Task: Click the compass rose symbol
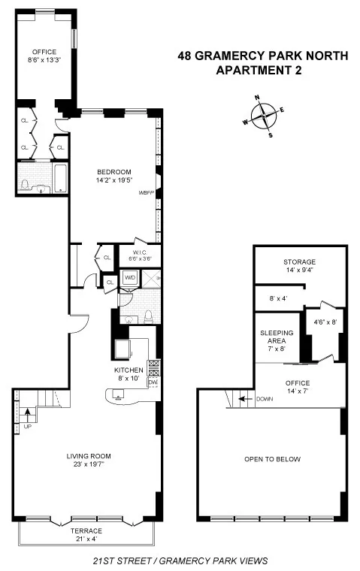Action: pyautogui.click(x=263, y=116)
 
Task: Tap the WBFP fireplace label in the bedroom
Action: pyautogui.click(x=146, y=193)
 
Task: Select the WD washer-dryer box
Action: pyautogui.click(x=130, y=277)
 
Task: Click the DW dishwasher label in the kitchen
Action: pyautogui.click(x=153, y=382)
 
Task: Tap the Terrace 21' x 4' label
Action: pyautogui.click(x=86, y=534)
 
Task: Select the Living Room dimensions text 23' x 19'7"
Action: pyautogui.click(x=86, y=463)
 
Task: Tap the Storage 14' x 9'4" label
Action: pyautogui.click(x=299, y=265)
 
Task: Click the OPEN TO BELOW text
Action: pyautogui.click(x=272, y=459)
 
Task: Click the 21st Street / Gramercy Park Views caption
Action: pyautogui.click(x=180, y=560)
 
